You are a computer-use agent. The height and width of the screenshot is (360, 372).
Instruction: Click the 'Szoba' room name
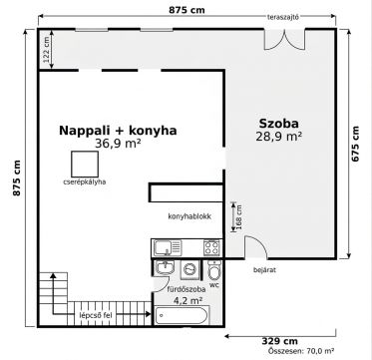point(278,124)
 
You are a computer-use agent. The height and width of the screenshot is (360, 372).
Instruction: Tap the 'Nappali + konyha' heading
point(118,131)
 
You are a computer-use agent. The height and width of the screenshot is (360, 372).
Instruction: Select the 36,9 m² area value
point(118,144)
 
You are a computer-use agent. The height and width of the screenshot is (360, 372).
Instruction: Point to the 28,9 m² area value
point(278,137)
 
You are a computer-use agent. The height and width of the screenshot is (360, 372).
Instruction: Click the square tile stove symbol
point(85,165)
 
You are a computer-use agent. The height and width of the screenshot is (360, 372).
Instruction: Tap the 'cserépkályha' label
point(85,181)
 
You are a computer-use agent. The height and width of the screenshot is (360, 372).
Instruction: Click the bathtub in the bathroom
point(183,315)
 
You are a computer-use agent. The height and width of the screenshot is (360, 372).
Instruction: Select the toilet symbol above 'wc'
point(214,269)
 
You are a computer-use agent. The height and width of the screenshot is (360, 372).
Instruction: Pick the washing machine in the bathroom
point(190,269)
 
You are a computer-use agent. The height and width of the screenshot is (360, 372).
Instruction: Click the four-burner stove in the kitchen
point(211,247)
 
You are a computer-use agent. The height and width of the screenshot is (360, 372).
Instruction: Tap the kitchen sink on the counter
point(168,247)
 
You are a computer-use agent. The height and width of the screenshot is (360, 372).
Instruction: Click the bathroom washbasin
point(165,267)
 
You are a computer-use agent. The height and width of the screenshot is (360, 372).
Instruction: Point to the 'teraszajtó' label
point(283,17)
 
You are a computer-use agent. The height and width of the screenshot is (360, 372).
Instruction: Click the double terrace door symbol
point(284,40)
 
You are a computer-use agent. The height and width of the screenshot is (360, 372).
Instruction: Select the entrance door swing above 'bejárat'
point(256,247)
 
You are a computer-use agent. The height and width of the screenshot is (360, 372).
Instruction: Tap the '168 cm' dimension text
point(239,217)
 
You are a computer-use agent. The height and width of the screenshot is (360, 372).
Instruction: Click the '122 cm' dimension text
point(47,50)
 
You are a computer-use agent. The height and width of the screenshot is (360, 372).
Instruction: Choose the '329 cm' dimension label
point(279,341)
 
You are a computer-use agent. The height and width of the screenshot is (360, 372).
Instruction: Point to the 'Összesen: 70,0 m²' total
point(301,350)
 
